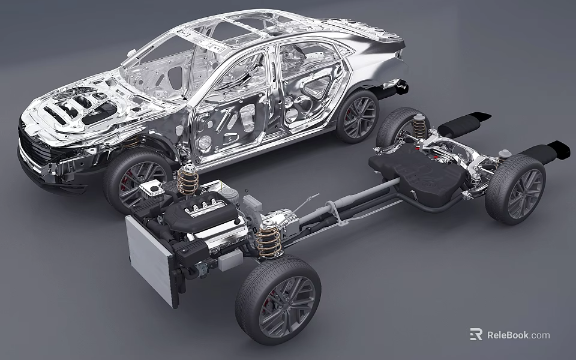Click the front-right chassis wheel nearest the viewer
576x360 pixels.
[278, 299]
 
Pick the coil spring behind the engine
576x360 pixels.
[188, 179]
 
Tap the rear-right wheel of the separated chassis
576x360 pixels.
[515, 189]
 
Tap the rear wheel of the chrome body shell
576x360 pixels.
[358, 116]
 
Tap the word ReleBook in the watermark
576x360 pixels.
[508, 335]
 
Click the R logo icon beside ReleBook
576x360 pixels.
[476, 334]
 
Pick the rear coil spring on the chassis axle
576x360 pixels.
[419, 126]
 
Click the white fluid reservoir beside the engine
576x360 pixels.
[152, 188]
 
